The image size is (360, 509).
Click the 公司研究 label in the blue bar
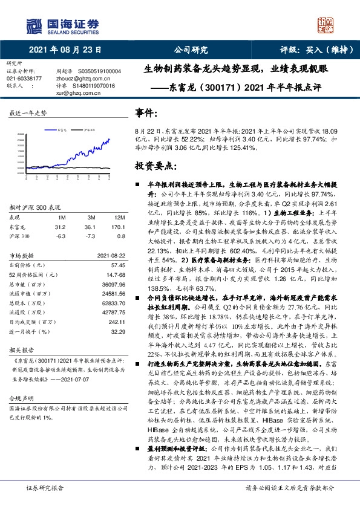(191, 50)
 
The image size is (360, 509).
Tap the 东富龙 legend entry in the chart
(64, 129)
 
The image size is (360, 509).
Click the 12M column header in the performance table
(119, 216)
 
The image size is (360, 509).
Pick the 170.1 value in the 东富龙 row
(118, 227)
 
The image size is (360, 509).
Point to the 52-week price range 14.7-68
(114, 274)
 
